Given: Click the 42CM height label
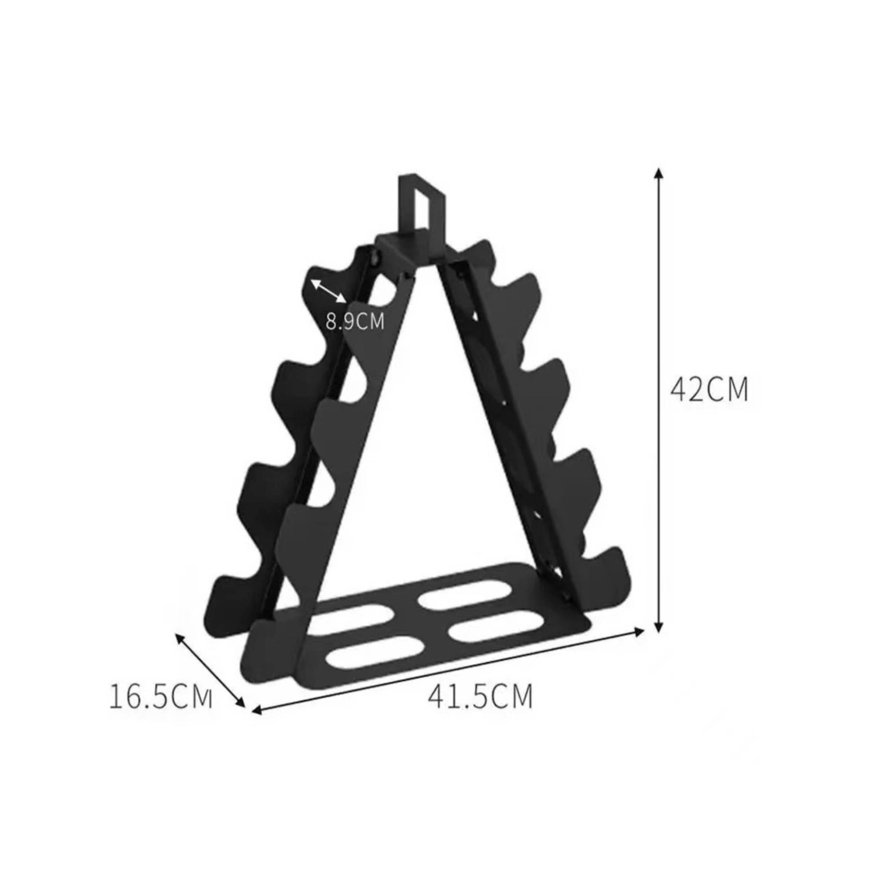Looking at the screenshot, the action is tap(709, 389).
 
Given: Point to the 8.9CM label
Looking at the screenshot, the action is tap(355, 322).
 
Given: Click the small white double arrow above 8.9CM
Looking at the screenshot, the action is tap(328, 291).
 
